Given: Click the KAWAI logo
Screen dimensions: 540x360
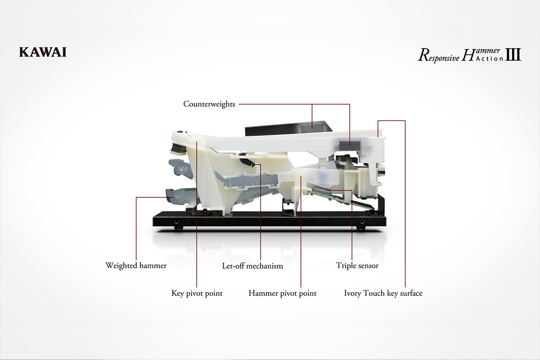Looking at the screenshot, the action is tap(43, 52).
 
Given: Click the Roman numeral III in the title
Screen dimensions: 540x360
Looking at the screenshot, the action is tap(513, 54).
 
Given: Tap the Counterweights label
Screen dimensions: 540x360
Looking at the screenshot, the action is tap(209, 104).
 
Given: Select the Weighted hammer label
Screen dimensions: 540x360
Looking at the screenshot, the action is tap(136, 265).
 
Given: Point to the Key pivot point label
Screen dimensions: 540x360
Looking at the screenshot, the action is tap(197, 293).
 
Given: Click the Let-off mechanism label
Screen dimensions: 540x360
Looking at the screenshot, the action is tap(252, 266).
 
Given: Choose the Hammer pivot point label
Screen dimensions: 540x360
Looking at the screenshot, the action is tap(283, 293).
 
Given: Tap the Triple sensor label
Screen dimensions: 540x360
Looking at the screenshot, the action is tap(357, 265).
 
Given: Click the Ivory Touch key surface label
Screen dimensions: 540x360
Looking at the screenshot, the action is tap(383, 293).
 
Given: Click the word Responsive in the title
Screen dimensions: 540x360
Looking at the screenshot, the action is tap(439, 56).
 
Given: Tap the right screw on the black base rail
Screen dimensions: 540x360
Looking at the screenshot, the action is tap(362, 221).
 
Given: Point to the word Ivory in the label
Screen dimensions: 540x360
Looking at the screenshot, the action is tap(352, 294).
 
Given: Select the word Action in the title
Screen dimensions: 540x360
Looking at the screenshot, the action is tap(490, 58).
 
